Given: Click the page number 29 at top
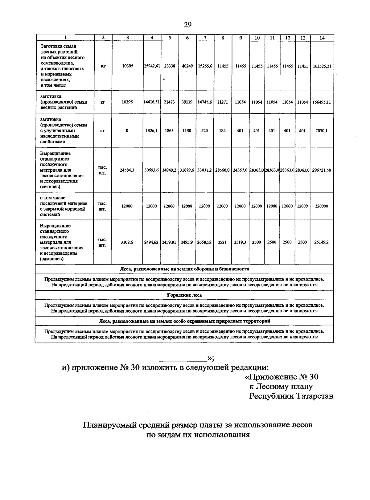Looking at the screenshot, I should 187,25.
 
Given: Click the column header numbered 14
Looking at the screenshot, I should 322,38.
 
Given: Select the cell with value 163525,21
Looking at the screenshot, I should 322,66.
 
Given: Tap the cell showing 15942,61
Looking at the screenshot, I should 152,66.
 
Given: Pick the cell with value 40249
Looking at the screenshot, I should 187,66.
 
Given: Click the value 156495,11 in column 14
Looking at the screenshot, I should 322,102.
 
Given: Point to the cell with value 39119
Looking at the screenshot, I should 187,102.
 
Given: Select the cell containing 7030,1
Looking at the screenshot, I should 322,131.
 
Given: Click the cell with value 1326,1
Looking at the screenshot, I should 151,131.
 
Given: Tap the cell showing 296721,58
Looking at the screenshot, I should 322,170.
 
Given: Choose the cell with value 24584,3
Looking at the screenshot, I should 127,170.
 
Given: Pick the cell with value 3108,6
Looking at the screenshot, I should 127,242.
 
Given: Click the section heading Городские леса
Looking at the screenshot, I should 184,295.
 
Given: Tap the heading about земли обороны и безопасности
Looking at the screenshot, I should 184,269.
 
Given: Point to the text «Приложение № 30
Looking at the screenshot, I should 281,377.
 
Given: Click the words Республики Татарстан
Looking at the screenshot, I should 291,396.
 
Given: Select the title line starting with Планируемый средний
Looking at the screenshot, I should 197,425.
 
